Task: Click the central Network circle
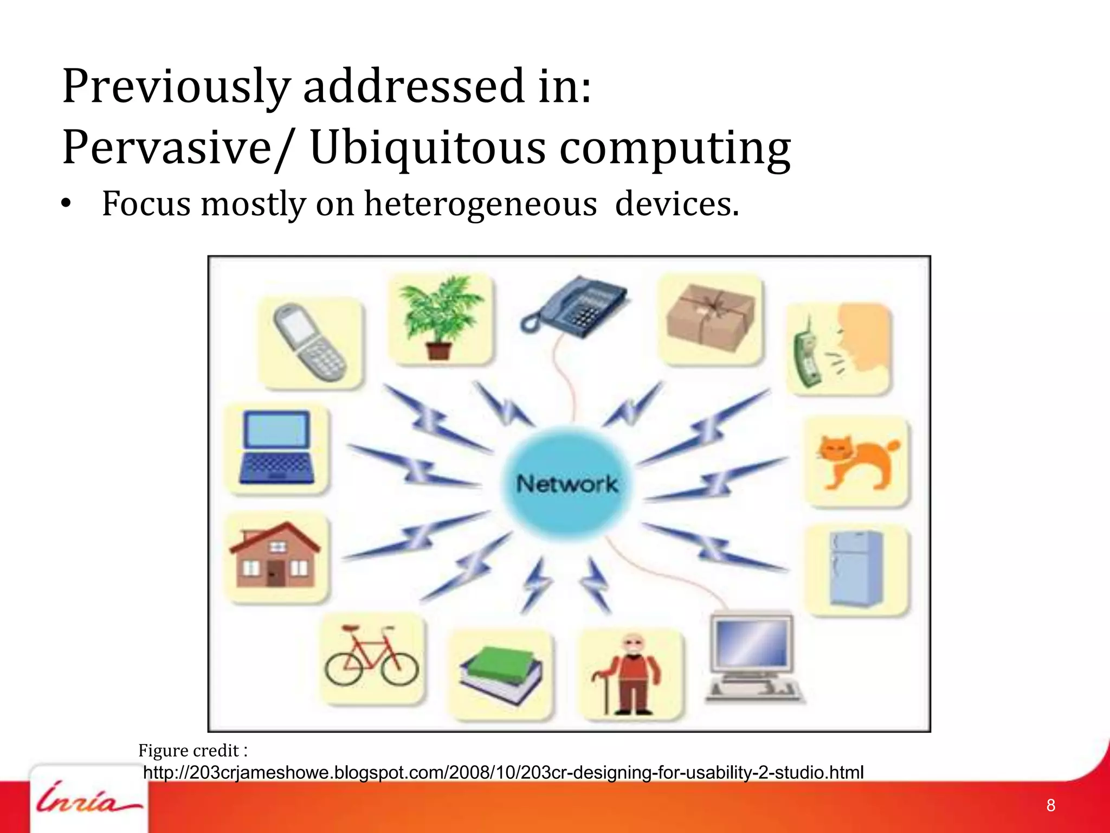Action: [567, 483]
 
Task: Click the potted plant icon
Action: [440, 317]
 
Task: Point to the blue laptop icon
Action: [277, 448]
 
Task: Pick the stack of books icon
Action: [501, 675]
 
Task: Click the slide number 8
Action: [1050, 805]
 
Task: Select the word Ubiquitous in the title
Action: [428, 148]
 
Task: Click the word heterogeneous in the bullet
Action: [480, 204]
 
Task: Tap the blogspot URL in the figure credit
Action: [503, 772]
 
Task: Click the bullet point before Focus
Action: [66, 204]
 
